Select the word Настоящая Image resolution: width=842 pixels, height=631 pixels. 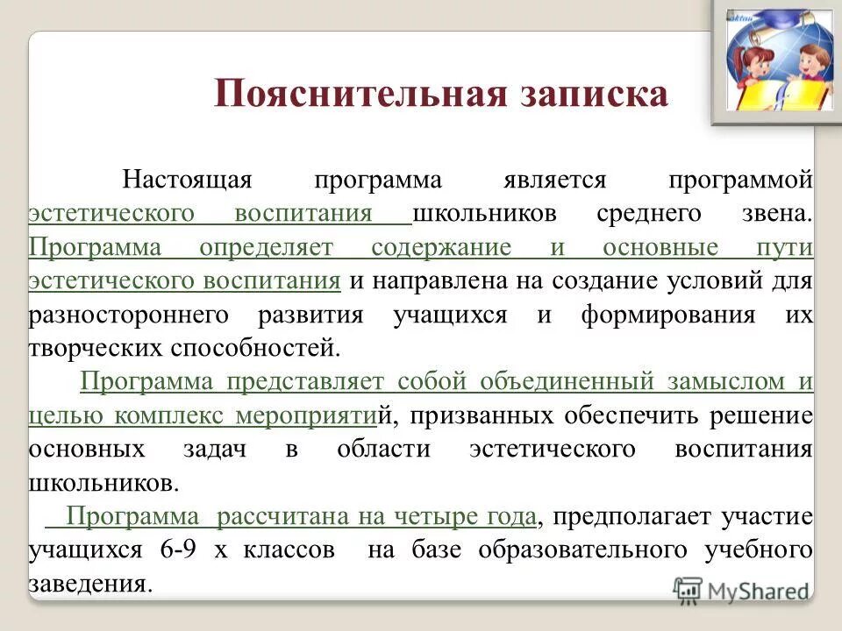pyautogui.click(x=187, y=181)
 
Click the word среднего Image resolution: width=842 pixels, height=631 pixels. pyautogui.click(x=649, y=214)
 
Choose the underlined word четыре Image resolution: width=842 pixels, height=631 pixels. pyautogui.click(x=432, y=516)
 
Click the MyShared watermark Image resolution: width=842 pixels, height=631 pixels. pyautogui.click(x=741, y=591)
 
